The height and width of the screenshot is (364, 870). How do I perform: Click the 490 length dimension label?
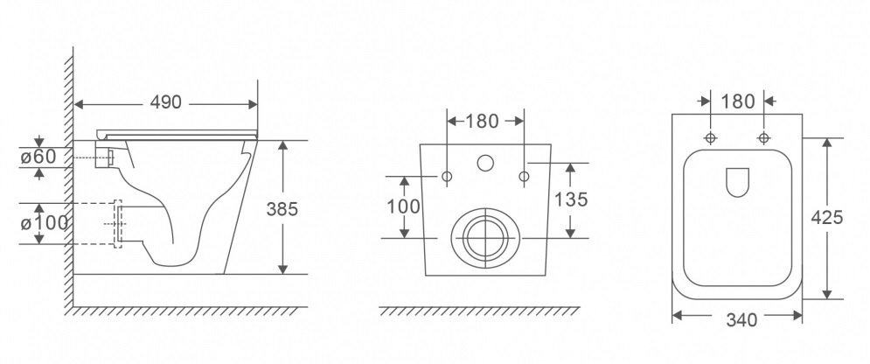pos(166,102)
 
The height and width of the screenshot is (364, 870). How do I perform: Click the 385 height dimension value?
pos(282,209)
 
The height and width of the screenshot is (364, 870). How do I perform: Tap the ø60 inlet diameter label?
pos(38,157)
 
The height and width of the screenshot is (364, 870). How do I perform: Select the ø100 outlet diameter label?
pos(45,223)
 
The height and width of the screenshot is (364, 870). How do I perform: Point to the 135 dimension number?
pos(571,199)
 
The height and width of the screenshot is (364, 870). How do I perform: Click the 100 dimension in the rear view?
pos(403,206)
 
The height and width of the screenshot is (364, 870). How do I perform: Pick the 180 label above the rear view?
pos(482,121)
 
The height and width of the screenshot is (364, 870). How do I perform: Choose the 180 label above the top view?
pos(738,101)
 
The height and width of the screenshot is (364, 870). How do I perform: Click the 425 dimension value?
pos(827,218)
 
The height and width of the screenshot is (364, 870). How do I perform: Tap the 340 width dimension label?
pos(741,320)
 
